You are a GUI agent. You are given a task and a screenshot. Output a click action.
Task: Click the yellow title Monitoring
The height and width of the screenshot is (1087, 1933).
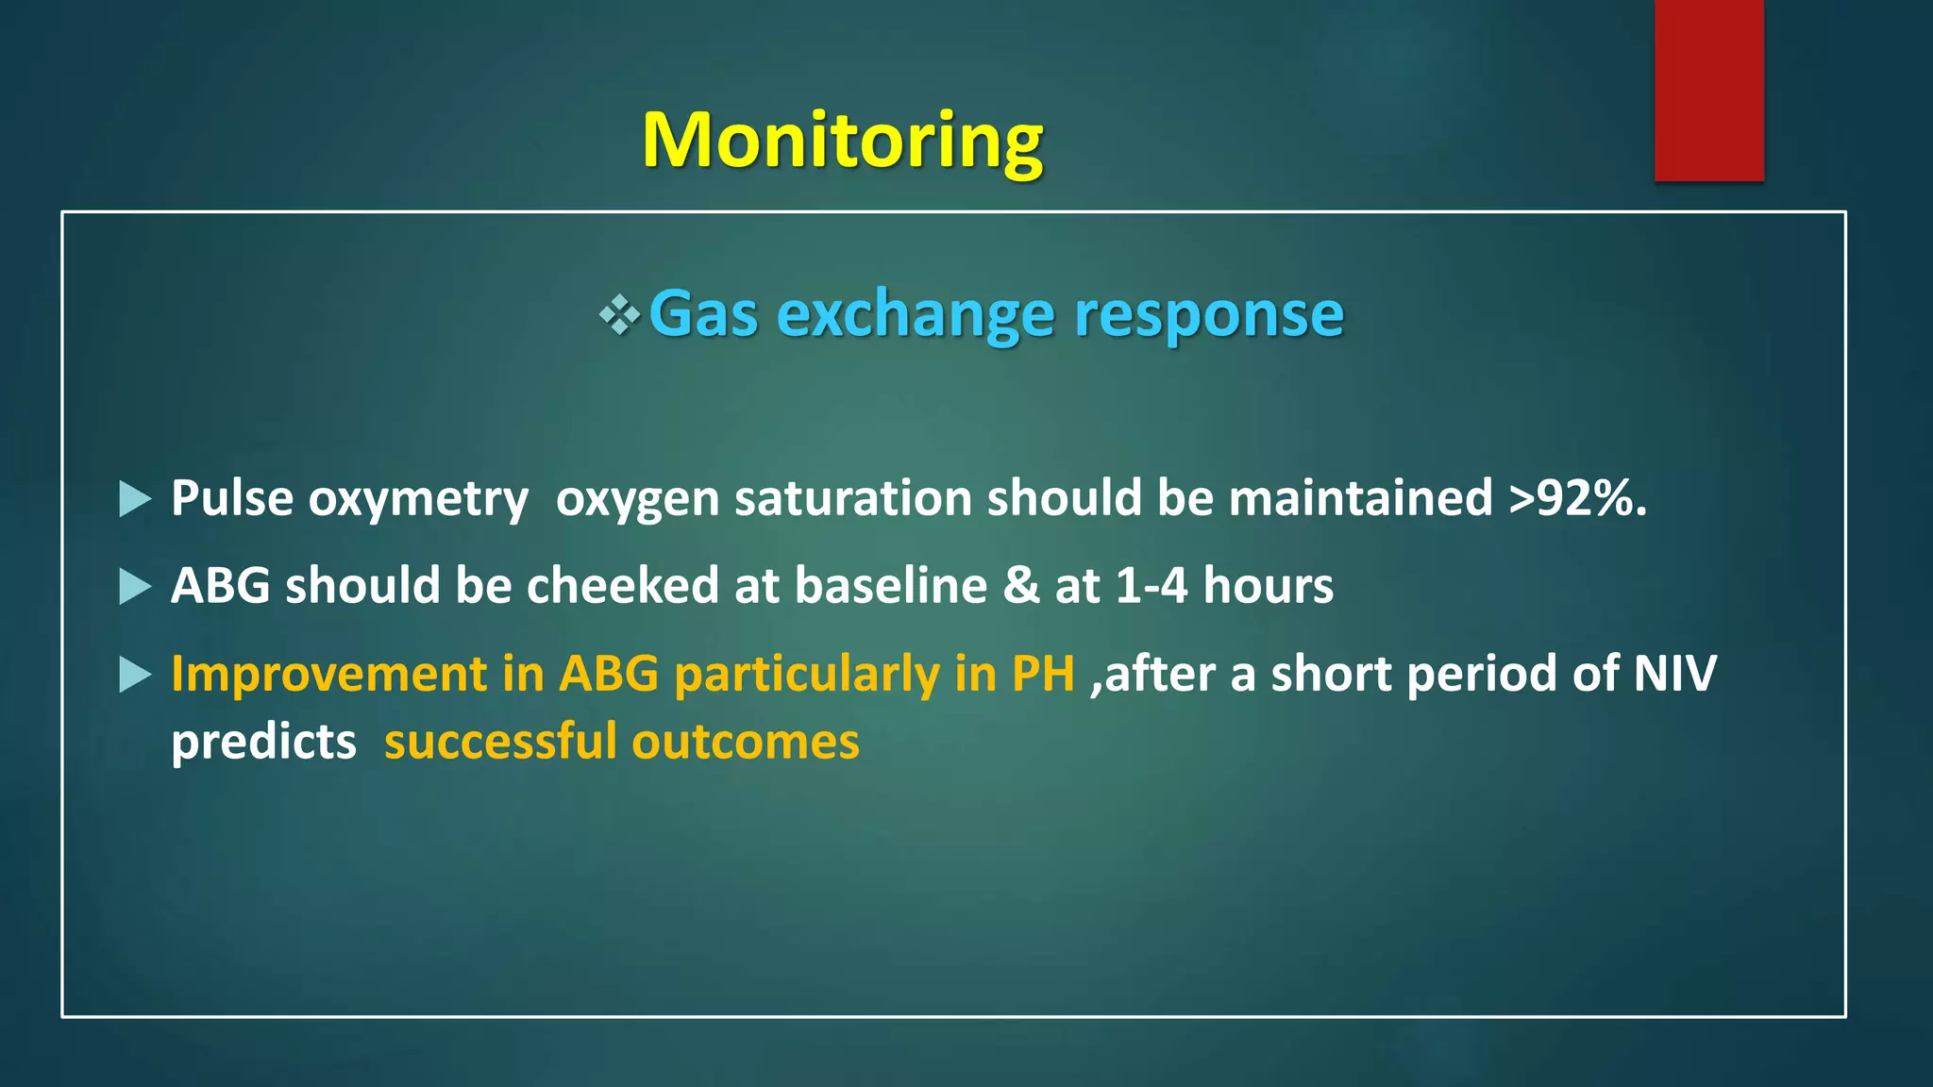click(842, 140)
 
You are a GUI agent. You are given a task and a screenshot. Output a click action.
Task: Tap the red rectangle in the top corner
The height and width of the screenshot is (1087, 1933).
click(1708, 90)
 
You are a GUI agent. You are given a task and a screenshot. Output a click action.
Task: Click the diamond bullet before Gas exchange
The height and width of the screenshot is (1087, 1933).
click(619, 315)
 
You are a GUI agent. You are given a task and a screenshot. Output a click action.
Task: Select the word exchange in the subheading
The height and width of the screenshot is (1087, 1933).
click(914, 315)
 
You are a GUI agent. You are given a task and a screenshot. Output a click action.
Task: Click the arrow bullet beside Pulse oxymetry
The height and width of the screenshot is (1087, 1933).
click(135, 498)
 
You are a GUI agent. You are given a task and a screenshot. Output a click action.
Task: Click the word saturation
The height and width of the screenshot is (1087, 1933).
click(853, 498)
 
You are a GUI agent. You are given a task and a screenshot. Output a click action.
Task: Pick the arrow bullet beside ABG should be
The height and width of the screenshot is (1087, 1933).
click(135, 586)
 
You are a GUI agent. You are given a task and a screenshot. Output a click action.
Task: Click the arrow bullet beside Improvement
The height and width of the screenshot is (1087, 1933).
click(135, 675)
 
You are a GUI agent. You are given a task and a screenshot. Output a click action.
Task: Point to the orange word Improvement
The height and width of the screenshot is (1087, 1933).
click(328, 675)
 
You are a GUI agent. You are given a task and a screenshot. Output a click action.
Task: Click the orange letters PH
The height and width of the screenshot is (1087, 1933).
click(1043, 675)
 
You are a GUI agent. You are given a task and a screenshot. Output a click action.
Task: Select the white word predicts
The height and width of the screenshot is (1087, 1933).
click(263, 743)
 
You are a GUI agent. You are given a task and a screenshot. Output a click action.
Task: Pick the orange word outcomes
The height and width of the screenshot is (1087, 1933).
click(746, 743)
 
